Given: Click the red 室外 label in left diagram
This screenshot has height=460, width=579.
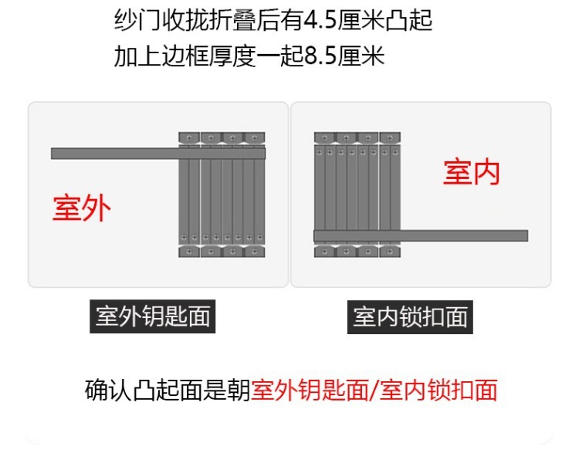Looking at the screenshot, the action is (82, 208).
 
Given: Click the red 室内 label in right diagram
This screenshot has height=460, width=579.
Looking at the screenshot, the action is (471, 172).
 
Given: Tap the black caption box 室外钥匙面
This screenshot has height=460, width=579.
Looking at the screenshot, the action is (152, 316).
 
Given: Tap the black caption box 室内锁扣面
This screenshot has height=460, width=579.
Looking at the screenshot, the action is (411, 317).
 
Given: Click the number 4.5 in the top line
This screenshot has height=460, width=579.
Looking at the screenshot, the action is (344, 20).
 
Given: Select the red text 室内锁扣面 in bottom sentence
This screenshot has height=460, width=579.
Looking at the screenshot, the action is (438, 390).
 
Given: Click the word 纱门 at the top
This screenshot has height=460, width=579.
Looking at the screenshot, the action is (139, 20).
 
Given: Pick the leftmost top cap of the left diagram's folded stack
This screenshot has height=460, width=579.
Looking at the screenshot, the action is (189, 137).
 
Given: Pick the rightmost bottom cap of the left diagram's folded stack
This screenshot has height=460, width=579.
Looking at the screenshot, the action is (256, 252).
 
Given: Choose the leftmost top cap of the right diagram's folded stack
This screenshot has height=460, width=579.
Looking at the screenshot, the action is (324, 137).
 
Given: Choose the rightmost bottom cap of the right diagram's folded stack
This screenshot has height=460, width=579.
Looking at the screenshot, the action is (391, 252).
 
